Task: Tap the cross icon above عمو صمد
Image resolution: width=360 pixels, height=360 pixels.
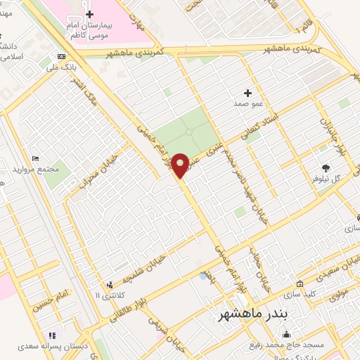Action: pyautogui.click(x=247, y=93)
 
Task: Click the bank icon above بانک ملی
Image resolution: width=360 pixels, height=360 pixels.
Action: pyautogui.click(x=62, y=57)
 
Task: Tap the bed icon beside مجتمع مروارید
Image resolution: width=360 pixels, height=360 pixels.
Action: pyautogui.click(x=36, y=158)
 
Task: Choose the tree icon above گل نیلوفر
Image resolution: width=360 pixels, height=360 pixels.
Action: pyautogui.click(x=326, y=167)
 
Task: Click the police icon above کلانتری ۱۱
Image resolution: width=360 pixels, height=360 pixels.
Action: pyautogui.click(x=109, y=285)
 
